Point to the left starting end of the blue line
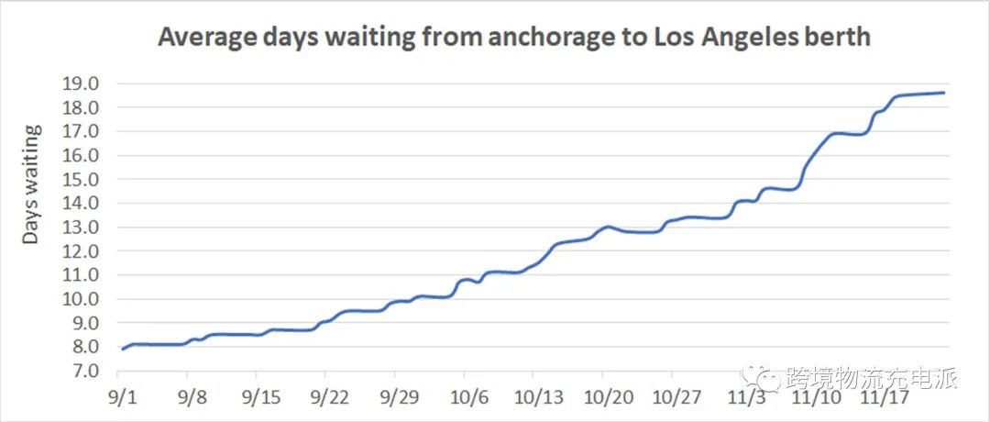click(x=122, y=349)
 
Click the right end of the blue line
click(x=944, y=93)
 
